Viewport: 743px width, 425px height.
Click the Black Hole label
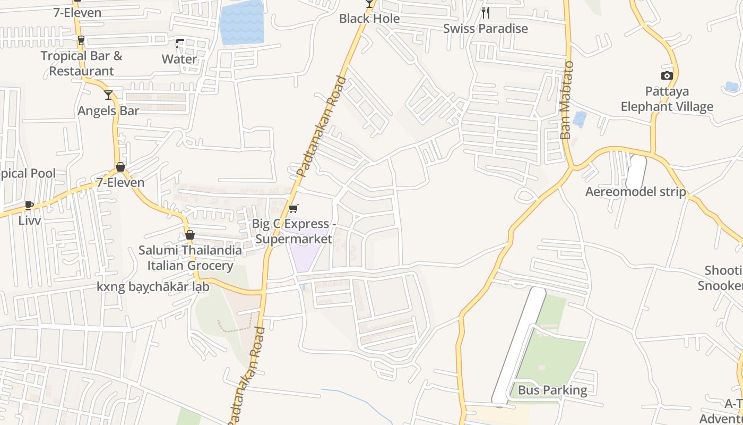tap(369, 19)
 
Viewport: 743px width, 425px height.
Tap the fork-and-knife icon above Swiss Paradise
tap(486, 13)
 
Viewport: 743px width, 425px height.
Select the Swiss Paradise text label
tap(486, 29)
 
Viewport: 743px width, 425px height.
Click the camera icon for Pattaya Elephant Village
tap(667, 76)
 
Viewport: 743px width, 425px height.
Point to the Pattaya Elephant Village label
tap(667, 99)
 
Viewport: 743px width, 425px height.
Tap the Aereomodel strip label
tap(635, 192)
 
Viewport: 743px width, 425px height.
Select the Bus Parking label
tap(552, 390)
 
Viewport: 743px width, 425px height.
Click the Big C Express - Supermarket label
tap(293, 232)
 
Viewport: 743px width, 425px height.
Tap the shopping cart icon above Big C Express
tap(293, 208)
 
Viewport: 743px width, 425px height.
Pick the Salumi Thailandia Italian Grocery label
tap(190, 258)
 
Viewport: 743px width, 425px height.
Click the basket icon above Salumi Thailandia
tap(190, 235)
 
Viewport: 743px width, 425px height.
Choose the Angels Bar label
tap(108, 111)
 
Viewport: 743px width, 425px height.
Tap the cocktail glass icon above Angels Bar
tap(108, 95)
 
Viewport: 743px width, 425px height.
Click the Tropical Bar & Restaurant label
tap(81, 63)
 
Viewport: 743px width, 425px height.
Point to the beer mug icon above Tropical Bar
tap(81, 40)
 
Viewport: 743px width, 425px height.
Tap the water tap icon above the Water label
tap(180, 44)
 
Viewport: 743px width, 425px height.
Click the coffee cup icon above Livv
tap(29, 205)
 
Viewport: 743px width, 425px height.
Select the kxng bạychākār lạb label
tap(153, 287)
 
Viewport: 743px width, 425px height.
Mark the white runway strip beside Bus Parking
tap(519, 345)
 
